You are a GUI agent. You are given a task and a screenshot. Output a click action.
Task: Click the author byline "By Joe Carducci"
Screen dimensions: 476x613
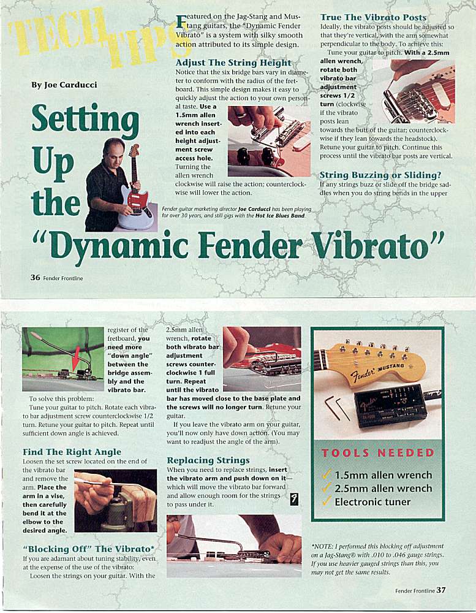[64, 85]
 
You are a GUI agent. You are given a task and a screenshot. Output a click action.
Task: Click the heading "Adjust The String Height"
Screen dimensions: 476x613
[233, 63]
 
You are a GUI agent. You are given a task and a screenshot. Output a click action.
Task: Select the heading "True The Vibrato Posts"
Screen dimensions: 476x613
[373, 17]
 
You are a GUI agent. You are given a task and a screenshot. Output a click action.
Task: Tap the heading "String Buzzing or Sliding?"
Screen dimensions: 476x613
[380, 175]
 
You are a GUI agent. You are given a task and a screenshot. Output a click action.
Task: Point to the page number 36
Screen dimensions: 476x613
[35, 277]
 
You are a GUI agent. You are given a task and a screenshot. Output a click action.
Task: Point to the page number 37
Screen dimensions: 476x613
[441, 590]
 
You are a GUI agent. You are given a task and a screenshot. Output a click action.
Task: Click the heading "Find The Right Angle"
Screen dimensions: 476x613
[72, 452]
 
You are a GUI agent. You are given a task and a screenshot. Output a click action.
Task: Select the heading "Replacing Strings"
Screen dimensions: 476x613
[208, 460]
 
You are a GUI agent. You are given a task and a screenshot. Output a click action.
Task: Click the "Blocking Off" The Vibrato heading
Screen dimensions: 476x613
[89, 549]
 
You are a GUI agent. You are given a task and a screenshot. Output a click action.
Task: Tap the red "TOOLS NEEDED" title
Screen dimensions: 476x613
[377, 453]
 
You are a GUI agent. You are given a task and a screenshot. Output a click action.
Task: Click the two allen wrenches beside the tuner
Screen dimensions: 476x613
[336, 408]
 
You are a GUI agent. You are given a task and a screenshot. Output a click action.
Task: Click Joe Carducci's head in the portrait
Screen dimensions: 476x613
[115, 149]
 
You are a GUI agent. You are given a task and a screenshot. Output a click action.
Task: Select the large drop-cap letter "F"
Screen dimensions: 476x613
[180, 22]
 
